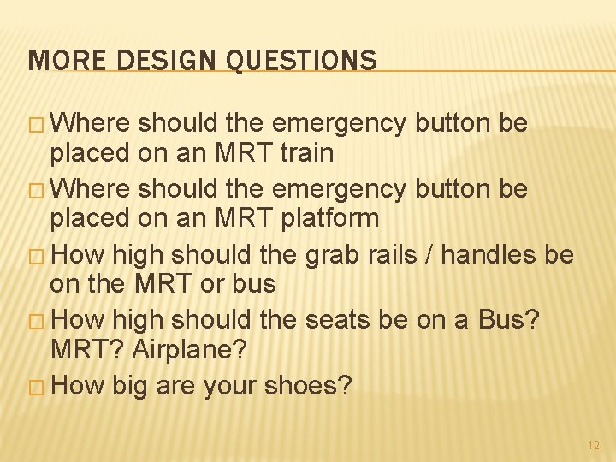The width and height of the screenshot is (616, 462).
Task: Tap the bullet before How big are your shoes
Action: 36,387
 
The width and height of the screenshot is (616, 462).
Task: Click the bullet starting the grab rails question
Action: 36,255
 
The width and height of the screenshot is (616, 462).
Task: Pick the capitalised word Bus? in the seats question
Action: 508,320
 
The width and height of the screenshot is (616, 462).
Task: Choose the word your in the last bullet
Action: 229,386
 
